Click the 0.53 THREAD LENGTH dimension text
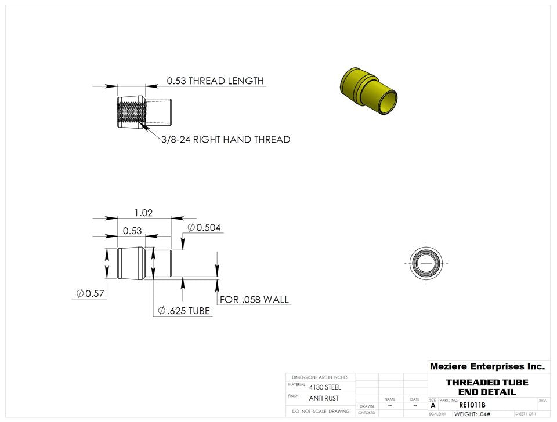[x=215, y=81]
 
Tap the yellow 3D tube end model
[x=368, y=92]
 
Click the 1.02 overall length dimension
[x=143, y=213]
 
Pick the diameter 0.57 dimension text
[x=91, y=293]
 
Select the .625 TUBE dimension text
[x=185, y=311]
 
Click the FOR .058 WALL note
[x=254, y=300]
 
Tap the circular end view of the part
[x=426, y=263]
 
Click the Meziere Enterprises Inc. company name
[x=487, y=366]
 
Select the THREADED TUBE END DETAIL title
[x=487, y=387]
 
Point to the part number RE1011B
[x=472, y=405]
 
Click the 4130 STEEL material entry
[x=325, y=387]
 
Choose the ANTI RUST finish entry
[x=324, y=398]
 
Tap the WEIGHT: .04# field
[x=472, y=414]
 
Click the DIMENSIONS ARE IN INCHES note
[x=320, y=377]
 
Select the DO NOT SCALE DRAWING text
[x=321, y=411]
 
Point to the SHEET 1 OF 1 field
[x=525, y=414]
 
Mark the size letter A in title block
[x=433, y=406]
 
